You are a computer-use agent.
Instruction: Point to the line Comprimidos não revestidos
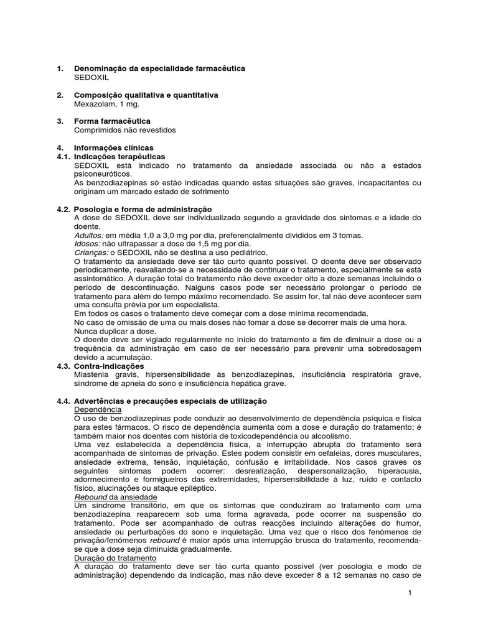(x=125, y=130)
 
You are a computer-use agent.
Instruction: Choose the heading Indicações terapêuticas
(x=119, y=157)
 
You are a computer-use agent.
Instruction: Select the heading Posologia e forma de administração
(x=143, y=209)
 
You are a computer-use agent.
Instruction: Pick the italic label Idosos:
(x=87, y=244)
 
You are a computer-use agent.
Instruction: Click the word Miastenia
(x=92, y=375)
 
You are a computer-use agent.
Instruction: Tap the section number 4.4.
(x=63, y=402)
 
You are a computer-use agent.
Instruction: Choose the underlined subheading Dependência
(x=98, y=411)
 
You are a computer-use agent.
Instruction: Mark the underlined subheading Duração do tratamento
(x=115, y=558)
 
